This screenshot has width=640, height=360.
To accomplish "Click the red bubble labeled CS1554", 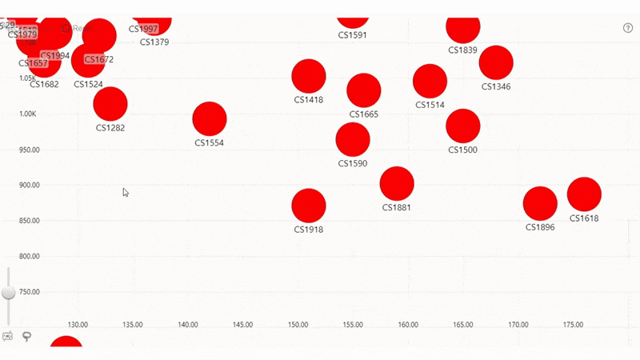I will tap(210, 119).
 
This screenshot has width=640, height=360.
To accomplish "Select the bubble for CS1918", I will tap(309, 206).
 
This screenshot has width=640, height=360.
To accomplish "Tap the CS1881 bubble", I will tap(397, 183).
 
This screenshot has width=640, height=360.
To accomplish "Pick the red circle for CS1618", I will tap(584, 194).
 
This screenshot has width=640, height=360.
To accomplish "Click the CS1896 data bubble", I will tap(540, 203).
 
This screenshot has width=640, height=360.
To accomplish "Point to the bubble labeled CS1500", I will tap(462, 126).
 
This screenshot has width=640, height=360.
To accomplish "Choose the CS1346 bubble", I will tap(496, 62).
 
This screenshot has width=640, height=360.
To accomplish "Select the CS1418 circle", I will tap(309, 77).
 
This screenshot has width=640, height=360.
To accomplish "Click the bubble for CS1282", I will tap(110, 104).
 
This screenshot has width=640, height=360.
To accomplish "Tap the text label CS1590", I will tap(352, 164).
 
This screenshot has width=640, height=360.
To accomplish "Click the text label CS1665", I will tap(363, 114).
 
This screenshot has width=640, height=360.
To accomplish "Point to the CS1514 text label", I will tap(430, 105).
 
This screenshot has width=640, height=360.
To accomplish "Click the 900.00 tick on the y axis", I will tap(29, 186).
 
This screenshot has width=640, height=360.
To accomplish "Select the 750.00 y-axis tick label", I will tap(29, 292).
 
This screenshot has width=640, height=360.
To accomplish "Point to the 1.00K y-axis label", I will tap(29, 114).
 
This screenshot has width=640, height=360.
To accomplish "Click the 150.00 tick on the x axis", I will tap(298, 325).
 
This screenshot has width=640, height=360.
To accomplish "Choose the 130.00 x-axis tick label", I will tap(78, 325).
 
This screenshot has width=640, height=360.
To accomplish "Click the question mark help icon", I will tap(628, 28).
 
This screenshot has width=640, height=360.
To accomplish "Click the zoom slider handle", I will tap(9, 292).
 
